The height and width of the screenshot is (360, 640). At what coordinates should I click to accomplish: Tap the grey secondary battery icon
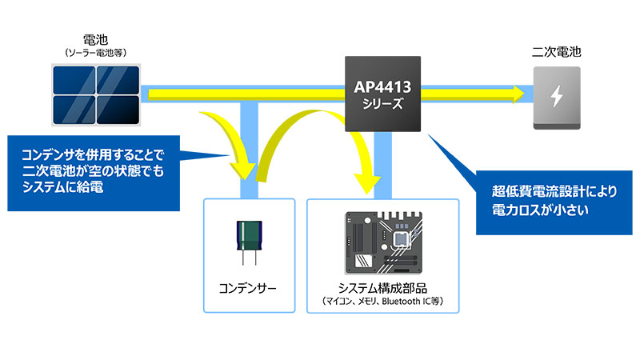556,97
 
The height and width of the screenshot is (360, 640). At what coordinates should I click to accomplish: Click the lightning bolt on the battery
556,95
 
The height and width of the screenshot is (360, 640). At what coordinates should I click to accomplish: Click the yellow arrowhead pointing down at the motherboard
367,186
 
